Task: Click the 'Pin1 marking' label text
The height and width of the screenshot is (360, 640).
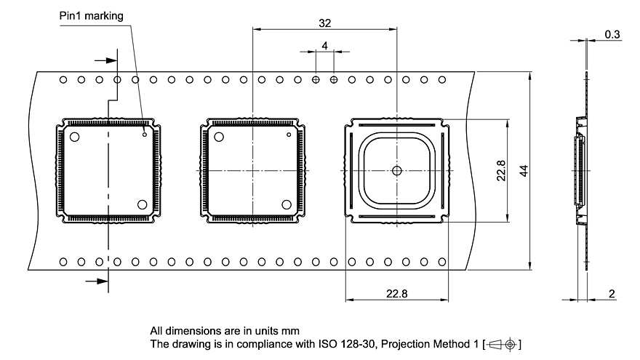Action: point(92,15)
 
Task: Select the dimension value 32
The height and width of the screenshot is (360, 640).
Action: point(324,23)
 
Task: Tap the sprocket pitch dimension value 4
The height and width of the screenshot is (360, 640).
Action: point(324,46)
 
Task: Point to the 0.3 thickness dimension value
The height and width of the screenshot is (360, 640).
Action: point(612,34)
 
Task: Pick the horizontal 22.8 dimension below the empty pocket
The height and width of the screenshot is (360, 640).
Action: point(396,293)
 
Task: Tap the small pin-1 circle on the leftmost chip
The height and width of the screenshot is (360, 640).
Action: point(145,134)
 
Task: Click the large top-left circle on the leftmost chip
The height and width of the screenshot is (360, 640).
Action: point(74,136)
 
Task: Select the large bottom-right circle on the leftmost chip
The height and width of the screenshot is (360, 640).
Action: point(143,204)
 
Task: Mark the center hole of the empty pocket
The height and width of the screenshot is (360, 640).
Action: point(396,171)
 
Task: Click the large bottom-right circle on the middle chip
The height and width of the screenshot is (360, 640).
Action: point(287,204)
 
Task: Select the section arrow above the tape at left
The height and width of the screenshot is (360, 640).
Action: point(105,61)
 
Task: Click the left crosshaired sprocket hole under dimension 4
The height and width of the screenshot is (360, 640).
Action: point(316,79)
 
